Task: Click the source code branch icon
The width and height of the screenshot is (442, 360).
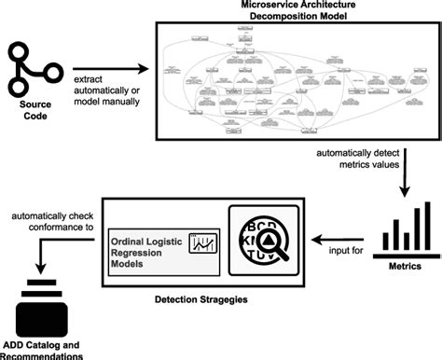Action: tap(35, 66)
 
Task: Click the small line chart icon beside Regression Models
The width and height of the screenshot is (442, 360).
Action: tap(201, 242)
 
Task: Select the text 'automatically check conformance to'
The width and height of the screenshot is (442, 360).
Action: tap(50, 220)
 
